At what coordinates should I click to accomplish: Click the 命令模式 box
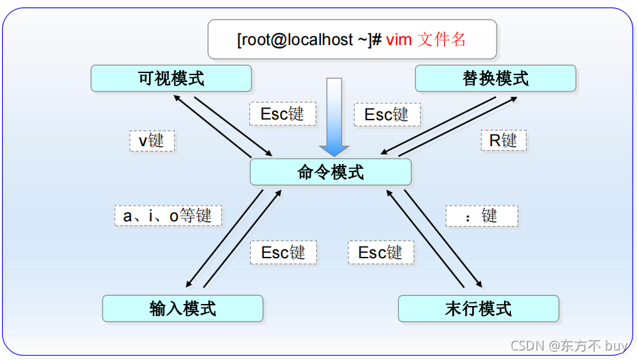(x=331, y=172)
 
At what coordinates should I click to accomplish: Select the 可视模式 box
(x=171, y=78)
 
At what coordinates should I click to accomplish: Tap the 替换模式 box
(x=495, y=78)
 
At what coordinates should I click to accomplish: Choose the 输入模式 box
(x=182, y=309)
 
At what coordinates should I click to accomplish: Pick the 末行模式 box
(x=478, y=309)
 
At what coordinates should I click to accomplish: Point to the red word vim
(x=399, y=40)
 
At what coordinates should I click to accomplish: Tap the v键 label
(x=152, y=141)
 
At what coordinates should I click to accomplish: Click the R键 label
(x=503, y=141)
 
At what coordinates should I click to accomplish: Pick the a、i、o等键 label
(x=167, y=216)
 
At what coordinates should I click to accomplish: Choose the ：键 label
(x=482, y=216)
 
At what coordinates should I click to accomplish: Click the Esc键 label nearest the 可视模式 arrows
(x=282, y=114)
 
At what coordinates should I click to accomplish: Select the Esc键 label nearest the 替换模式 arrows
(x=387, y=114)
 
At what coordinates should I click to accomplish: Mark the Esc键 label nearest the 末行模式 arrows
(x=380, y=252)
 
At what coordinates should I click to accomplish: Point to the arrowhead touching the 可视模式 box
(x=176, y=96)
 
